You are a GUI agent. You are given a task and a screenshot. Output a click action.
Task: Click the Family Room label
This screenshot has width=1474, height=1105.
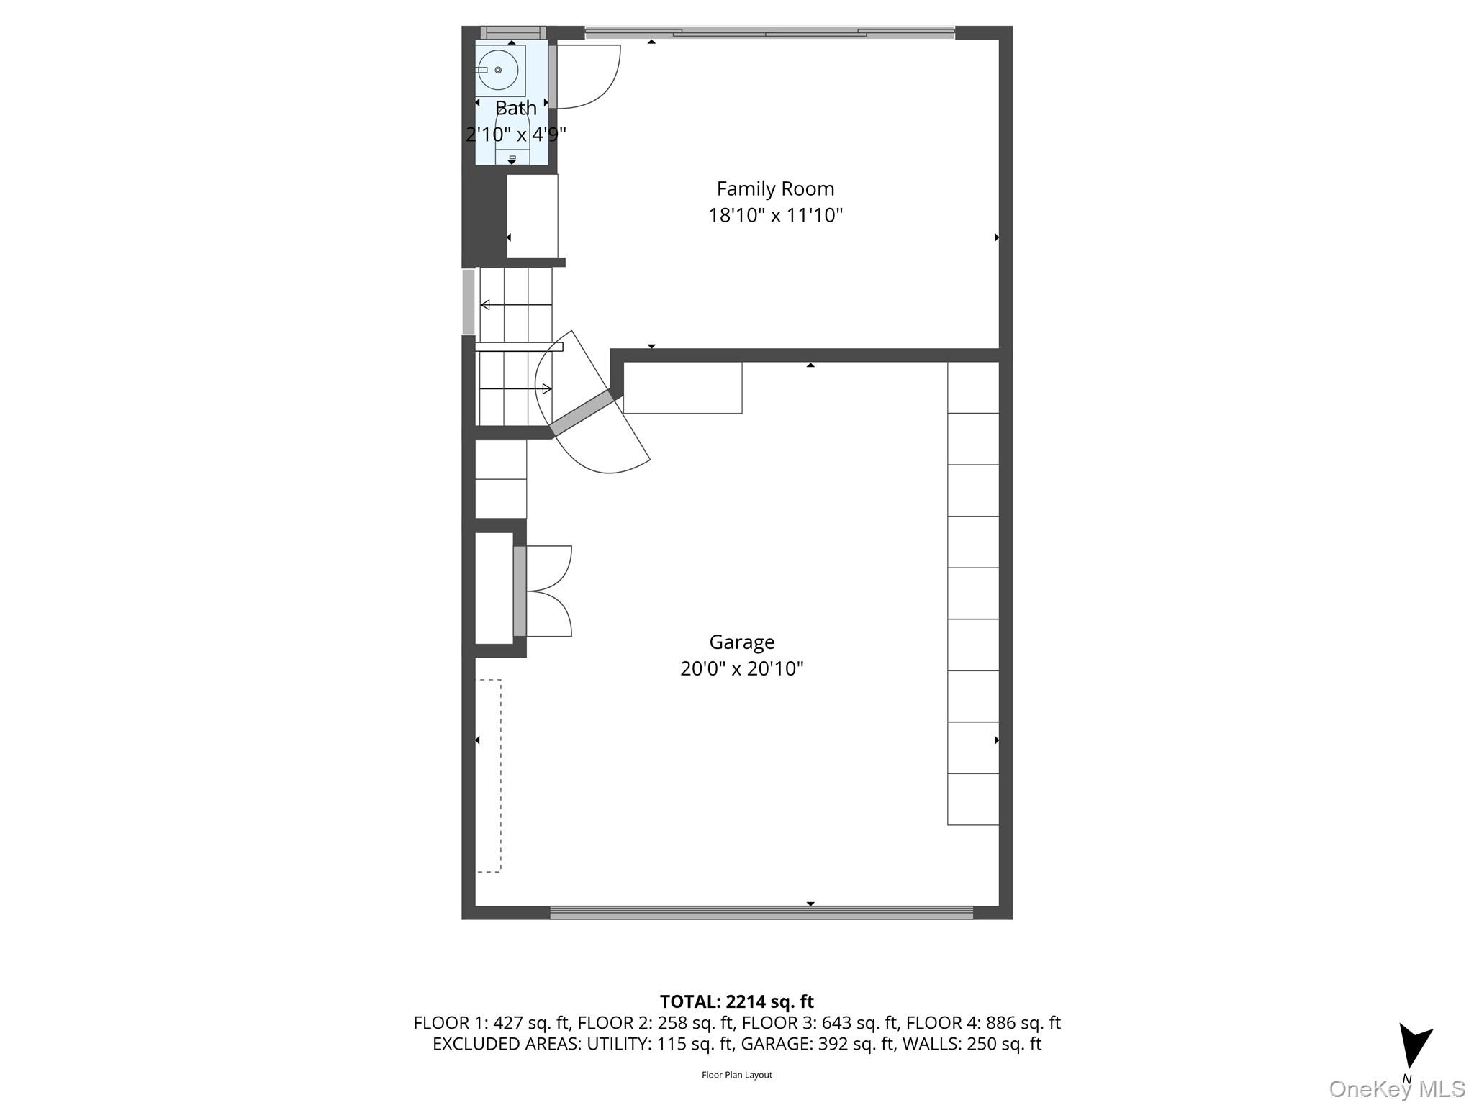pyautogui.click(x=775, y=188)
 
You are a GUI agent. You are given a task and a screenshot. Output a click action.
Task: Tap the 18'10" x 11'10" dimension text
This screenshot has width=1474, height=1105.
pyautogui.click(x=775, y=215)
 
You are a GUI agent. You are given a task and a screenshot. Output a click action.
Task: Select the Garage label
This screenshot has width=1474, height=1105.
pyautogui.click(x=741, y=642)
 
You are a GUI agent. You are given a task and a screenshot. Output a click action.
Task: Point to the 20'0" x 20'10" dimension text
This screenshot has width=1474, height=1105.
pyautogui.click(x=741, y=668)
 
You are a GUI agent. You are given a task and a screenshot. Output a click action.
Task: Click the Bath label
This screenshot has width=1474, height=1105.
pyautogui.click(x=515, y=108)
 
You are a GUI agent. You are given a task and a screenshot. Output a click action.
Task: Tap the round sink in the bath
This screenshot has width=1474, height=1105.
pyautogui.click(x=498, y=70)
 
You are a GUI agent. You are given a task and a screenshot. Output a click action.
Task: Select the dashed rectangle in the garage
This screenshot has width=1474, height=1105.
pyautogui.click(x=489, y=776)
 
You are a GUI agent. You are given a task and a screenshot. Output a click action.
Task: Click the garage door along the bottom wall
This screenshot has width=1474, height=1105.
pyautogui.click(x=761, y=912)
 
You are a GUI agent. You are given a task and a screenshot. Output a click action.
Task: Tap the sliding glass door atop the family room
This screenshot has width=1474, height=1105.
pyautogui.click(x=769, y=32)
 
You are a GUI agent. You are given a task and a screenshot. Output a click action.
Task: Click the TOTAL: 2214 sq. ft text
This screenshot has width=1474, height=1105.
pyautogui.click(x=736, y=1001)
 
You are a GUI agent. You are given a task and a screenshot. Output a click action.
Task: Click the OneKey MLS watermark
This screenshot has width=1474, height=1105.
pyautogui.click(x=1396, y=1088)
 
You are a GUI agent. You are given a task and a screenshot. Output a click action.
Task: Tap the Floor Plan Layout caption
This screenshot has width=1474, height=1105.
pyautogui.click(x=736, y=1075)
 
